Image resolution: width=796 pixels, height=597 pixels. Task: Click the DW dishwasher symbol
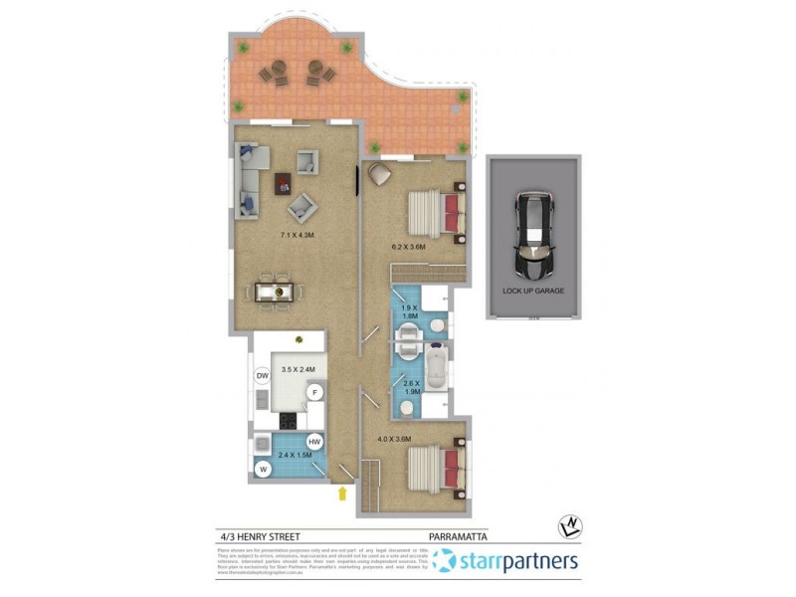pos(264,375)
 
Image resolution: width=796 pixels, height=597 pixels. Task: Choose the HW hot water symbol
pos(314,442)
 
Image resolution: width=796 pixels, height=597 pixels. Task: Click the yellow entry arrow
pos(342,493)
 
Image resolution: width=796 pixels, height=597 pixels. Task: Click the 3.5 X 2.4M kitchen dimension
pos(298,369)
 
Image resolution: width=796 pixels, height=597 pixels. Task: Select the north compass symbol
pos(569,524)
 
